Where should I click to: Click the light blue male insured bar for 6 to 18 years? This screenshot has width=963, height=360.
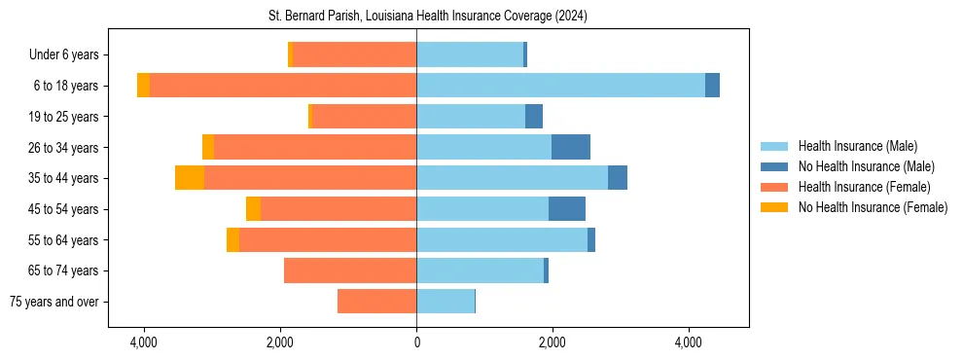point(560,86)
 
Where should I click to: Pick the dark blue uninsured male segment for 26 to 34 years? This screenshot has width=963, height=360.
point(570,147)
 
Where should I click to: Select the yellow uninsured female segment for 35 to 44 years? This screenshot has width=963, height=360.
point(190,178)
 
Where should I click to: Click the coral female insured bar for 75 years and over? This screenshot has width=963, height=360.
point(377,302)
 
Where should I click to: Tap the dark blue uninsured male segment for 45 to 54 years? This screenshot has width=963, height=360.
point(567,209)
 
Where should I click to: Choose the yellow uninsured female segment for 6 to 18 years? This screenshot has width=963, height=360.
point(143,86)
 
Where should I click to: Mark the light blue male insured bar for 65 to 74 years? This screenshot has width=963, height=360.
point(480,270)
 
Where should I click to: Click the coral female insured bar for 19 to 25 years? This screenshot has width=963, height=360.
point(364,117)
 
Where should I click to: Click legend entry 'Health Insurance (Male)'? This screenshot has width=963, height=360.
point(857,146)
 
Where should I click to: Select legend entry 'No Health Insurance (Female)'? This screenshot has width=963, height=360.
point(873,207)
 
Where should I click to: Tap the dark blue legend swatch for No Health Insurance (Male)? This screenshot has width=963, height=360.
point(775,166)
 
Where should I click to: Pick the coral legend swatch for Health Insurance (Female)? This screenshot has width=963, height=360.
point(775,187)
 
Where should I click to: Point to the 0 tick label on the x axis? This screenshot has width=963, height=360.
point(416,342)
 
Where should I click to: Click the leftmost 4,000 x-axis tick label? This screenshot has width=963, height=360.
point(144,342)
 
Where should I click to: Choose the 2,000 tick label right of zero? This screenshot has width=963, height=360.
point(552,342)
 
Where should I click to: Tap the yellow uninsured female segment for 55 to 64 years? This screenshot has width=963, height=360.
point(232,240)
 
